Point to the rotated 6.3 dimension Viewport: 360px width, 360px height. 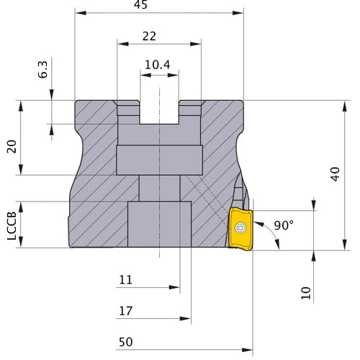[43, 70]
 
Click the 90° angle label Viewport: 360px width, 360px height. [284, 225]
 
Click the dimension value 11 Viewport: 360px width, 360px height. [126, 279]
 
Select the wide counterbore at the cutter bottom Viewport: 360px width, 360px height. [159, 225]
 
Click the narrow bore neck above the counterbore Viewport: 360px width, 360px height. [159, 188]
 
